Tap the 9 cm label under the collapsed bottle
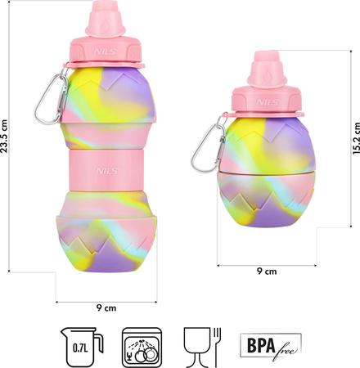[267, 271]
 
